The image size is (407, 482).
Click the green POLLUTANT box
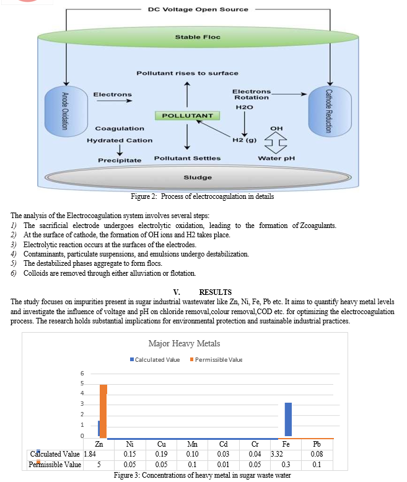click(188, 116)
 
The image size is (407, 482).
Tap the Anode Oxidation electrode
click(66, 111)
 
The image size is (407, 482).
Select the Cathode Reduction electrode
click(330, 111)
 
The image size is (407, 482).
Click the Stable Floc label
click(198, 37)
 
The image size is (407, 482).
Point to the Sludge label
click(198, 177)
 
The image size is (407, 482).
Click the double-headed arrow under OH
click(276, 142)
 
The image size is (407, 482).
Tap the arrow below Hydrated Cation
click(120, 150)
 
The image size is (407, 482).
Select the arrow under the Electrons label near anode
click(115, 100)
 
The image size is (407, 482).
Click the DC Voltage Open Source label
click(198, 9)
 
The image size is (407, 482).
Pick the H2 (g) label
click(244, 140)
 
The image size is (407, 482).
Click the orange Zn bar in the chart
click(103, 411)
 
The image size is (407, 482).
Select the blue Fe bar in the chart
click(288, 419)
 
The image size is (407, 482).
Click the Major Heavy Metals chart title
click(184, 343)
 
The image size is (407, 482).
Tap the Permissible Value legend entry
click(216, 360)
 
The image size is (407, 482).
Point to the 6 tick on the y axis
click(82, 374)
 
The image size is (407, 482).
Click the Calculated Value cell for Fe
click(277, 454)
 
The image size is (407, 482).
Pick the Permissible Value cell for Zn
click(99, 465)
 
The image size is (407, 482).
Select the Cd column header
click(224, 444)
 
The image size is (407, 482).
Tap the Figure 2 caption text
click(203, 196)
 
